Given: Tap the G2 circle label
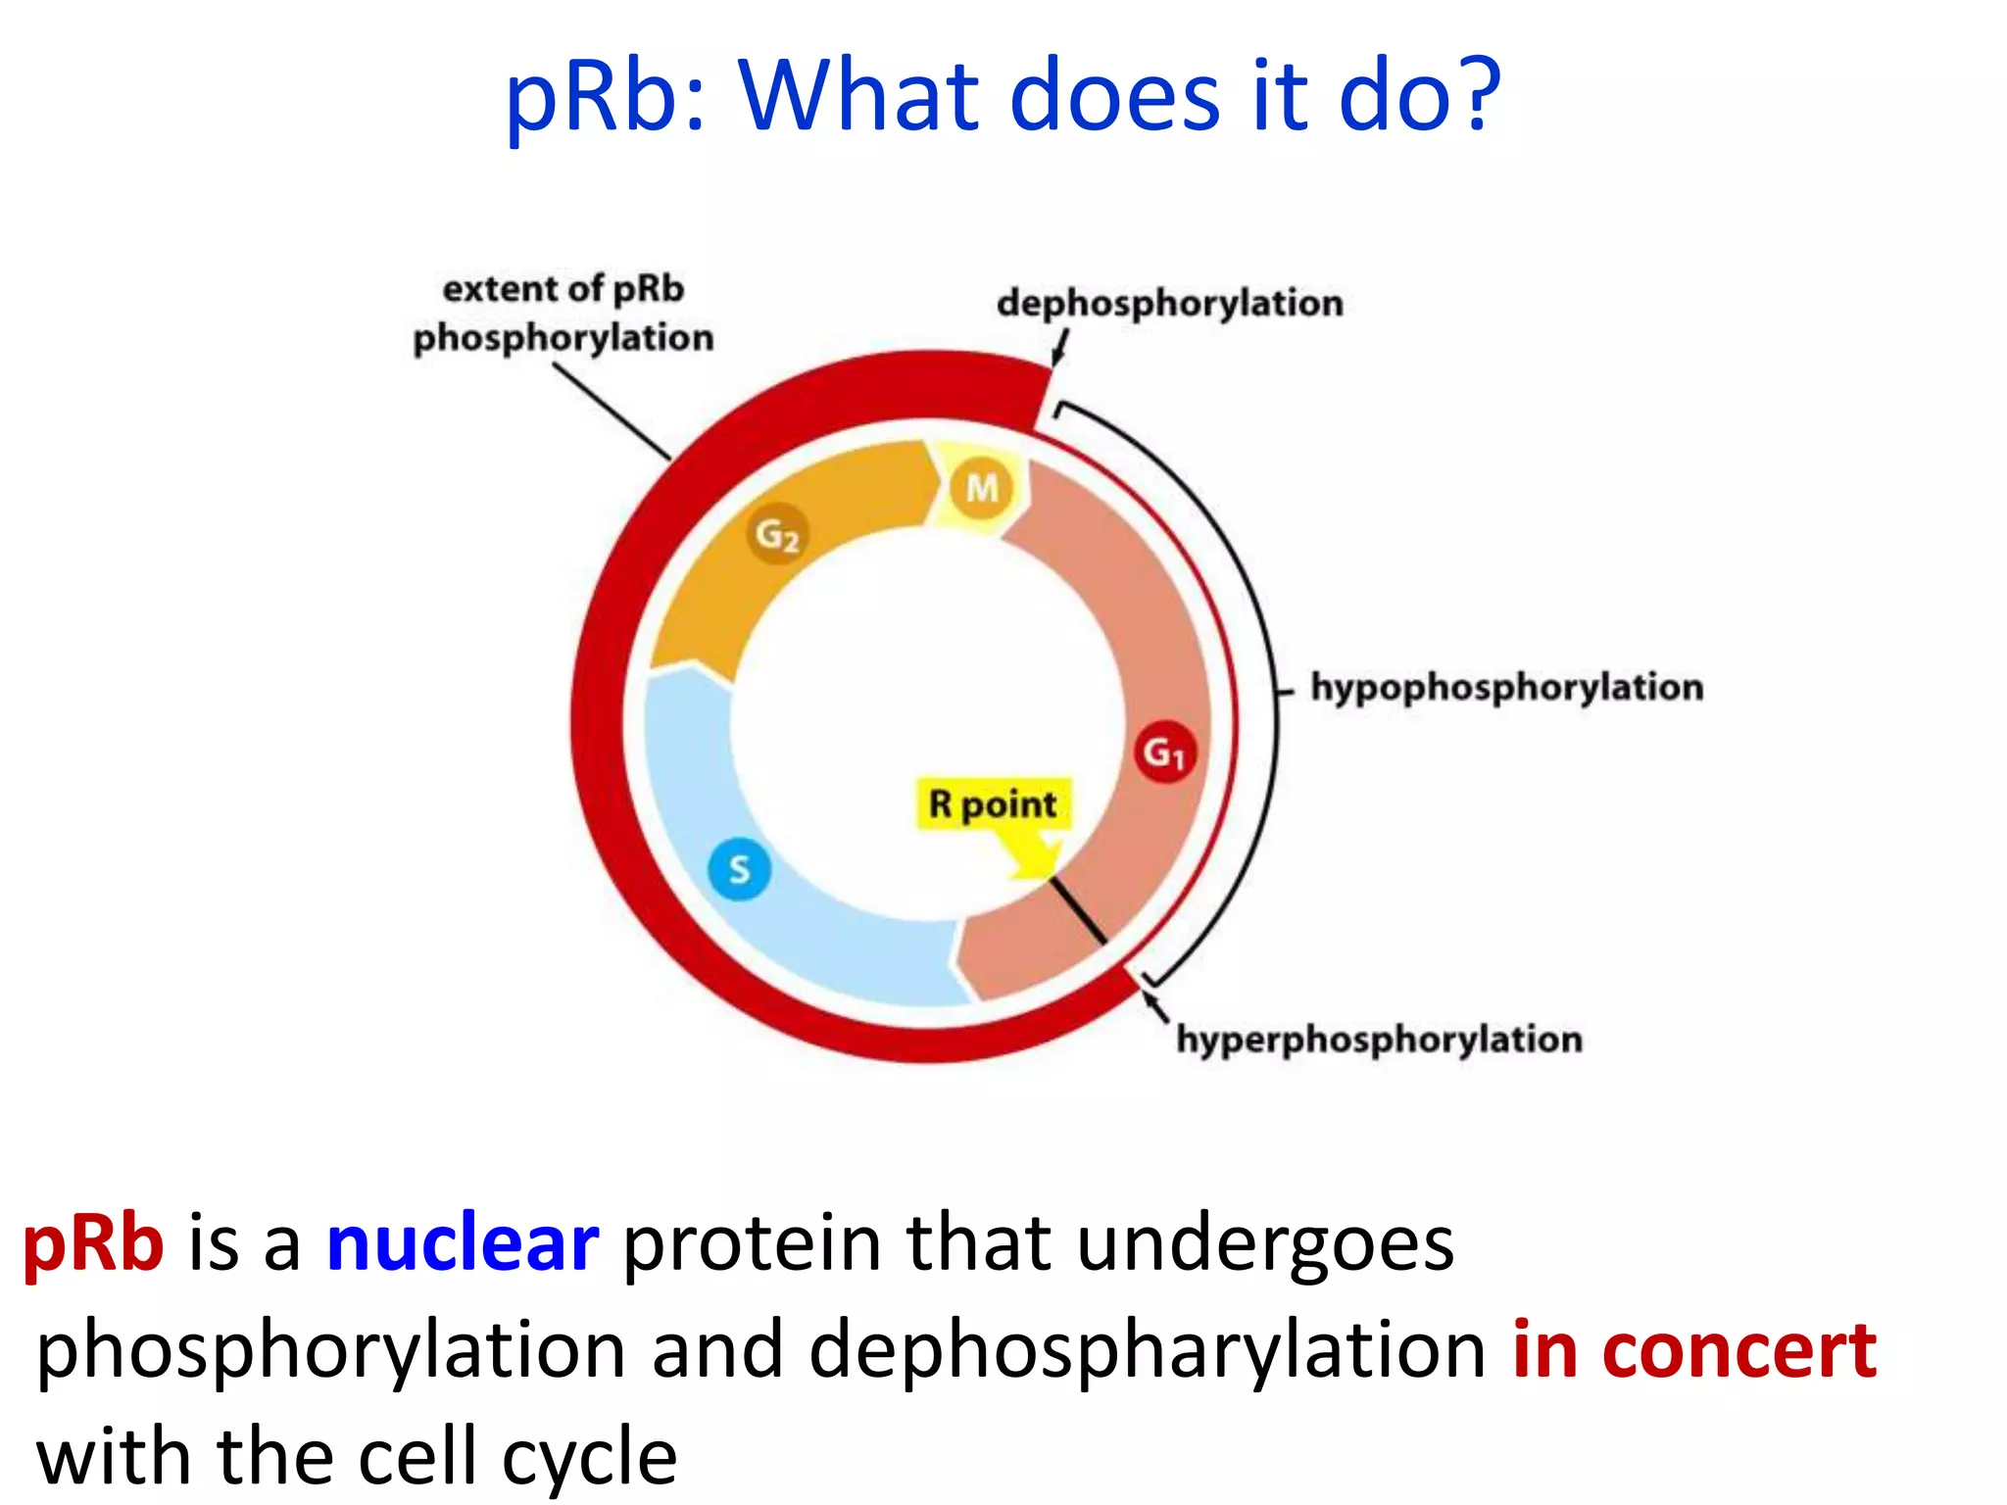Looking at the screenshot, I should coord(777,534).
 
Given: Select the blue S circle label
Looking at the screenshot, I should coord(739,869).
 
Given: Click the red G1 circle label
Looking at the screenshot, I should coord(1164,752).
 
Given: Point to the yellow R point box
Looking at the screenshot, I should coord(993,804).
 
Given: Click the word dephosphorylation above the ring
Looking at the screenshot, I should coord(1169,303).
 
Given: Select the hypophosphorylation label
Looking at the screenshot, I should coord(1507,687).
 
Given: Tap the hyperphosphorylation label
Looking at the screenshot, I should coord(1379,1039).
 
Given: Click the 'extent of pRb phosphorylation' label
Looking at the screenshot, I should coord(563,314).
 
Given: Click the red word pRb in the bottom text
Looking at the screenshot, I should coord(93,1242).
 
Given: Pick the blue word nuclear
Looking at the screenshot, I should coord(462,1242).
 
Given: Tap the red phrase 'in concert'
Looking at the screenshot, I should coord(1694,1350).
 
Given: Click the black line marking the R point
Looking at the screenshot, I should coord(1079,910).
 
